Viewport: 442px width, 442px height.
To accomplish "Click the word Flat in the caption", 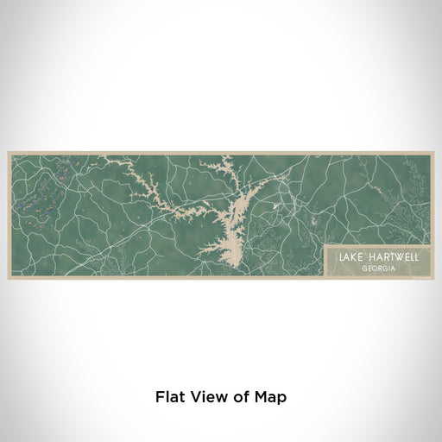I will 170,398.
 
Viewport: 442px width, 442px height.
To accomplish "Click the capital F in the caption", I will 160,398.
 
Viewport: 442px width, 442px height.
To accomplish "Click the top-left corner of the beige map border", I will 9,154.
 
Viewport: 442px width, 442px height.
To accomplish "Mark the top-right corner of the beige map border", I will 432,154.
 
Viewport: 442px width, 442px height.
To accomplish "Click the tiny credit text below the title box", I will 420,277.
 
